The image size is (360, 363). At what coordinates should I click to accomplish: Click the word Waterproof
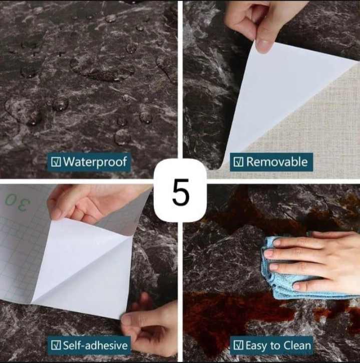(x=95, y=162)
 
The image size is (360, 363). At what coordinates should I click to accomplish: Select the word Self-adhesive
(x=95, y=345)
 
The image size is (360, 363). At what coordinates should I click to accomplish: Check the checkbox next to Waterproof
(x=56, y=162)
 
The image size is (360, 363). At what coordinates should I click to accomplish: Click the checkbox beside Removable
(x=238, y=162)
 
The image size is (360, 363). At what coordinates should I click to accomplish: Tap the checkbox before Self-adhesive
(x=56, y=345)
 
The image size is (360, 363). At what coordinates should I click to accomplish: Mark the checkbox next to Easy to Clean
(x=238, y=345)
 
